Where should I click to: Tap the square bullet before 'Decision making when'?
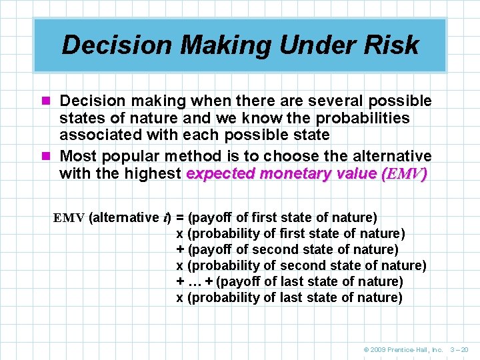(47, 101)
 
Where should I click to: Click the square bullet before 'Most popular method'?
(47, 157)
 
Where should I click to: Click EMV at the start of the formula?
(69, 217)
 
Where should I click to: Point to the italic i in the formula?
(165, 217)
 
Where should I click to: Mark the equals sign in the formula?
(180, 217)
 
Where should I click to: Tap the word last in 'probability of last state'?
(291, 297)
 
